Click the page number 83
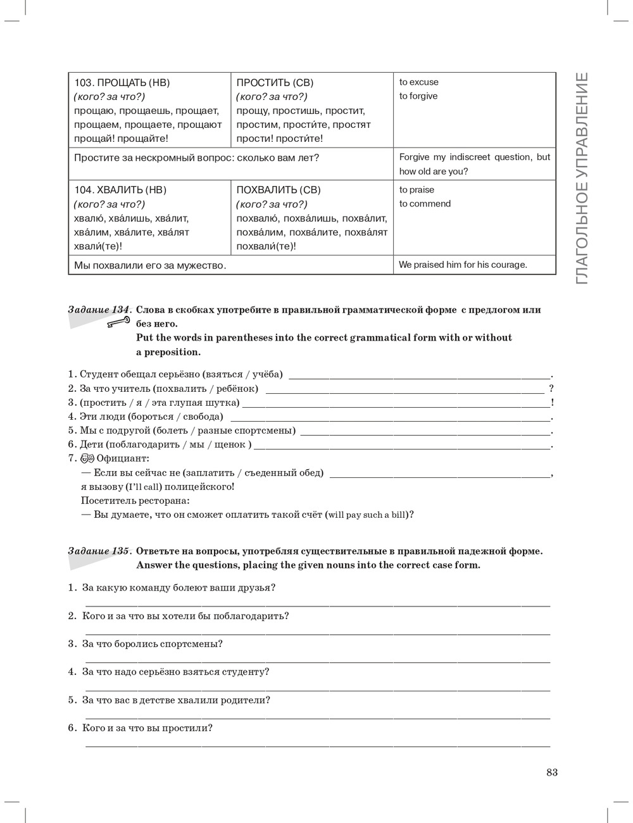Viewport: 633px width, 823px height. click(552, 772)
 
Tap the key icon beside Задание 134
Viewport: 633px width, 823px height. click(118, 323)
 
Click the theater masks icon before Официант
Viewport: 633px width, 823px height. click(87, 458)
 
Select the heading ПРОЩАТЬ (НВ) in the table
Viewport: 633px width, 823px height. click(122, 82)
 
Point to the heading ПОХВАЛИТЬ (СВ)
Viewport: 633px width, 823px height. click(279, 190)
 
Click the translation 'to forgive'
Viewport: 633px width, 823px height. click(418, 96)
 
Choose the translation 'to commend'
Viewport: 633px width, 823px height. click(425, 204)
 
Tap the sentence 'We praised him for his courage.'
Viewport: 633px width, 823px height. click(463, 265)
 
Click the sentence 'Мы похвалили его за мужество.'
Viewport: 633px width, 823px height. click(150, 265)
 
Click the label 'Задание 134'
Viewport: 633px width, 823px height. click(99, 310)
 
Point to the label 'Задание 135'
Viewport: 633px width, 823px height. click(99, 551)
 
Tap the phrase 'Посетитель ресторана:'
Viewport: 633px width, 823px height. click(135, 501)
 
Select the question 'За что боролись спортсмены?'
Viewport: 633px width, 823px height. click(153, 644)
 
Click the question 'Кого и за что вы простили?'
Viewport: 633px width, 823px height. click(147, 728)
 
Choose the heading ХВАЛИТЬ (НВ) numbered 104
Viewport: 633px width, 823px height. click(121, 190)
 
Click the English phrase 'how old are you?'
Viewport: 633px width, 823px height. click(434, 172)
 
